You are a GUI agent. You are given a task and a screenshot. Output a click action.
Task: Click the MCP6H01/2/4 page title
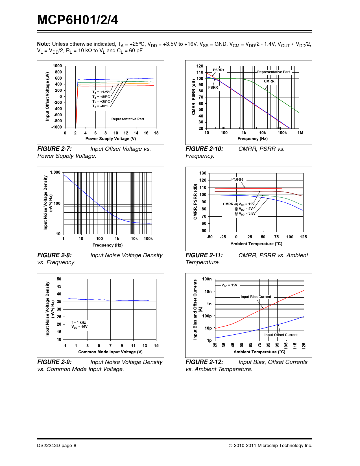78,20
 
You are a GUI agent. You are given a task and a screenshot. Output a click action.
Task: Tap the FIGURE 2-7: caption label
54,149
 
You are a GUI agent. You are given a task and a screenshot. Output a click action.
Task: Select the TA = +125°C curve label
102,92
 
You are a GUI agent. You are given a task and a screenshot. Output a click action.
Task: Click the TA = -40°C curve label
101,106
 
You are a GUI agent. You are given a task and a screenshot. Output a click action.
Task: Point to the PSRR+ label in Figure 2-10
219,70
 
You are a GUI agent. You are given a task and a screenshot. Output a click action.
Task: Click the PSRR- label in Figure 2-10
213,88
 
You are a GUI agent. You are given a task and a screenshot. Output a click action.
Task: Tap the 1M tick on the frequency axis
300,133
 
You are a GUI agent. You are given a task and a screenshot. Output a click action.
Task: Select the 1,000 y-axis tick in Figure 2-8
55,172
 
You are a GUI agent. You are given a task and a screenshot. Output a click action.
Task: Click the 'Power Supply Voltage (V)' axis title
111,139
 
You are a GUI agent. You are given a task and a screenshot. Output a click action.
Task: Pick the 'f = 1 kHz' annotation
78,322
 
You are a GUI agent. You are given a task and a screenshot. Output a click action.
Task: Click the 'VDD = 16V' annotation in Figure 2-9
79,327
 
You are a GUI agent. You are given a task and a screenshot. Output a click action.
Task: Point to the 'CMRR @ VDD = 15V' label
239,204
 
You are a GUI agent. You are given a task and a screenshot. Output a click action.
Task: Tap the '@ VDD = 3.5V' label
245,214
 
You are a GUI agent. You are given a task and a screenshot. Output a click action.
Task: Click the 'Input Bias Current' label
256,297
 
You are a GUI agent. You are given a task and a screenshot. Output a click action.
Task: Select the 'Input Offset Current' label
281,335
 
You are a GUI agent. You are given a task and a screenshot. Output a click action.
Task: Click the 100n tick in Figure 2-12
207,279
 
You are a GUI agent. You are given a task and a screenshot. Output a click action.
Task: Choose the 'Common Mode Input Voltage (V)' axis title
110,352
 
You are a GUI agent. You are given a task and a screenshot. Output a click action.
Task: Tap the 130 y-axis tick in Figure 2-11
203,173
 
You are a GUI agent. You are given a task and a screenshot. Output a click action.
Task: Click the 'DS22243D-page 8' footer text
56,446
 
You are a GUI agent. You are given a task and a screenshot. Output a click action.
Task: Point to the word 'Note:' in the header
44,44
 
